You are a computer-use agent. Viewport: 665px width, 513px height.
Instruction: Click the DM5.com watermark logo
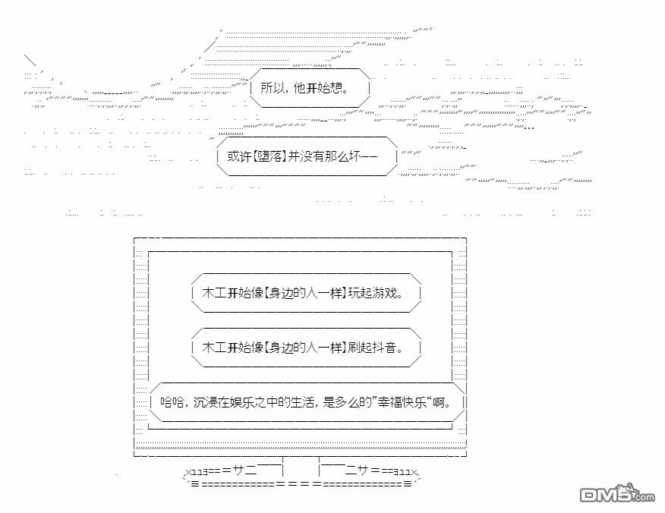tap(616, 495)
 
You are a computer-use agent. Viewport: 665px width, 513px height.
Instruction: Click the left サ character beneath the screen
tap(239, 470)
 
